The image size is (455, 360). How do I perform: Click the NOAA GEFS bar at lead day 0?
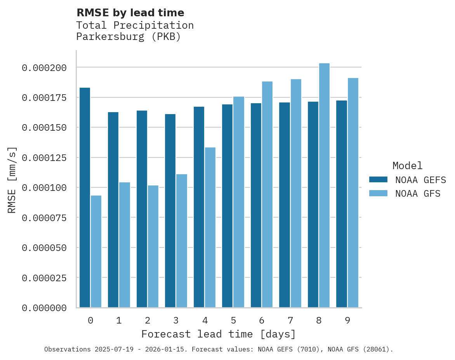point(85,197)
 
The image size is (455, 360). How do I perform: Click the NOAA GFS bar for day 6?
point(267,194)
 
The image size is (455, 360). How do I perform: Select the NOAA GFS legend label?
point(418,193)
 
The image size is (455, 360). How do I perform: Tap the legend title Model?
point(407,166)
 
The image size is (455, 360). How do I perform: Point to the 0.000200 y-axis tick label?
point(44,68)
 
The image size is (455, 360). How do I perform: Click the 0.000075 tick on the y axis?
point(44,218)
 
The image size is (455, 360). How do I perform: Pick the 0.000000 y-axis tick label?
point(44,308)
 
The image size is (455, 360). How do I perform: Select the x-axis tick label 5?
point(233,320)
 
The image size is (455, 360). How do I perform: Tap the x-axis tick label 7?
point(290,320)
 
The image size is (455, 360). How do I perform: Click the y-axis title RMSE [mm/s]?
point(12,180)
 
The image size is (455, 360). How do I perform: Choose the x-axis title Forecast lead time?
point(218,334)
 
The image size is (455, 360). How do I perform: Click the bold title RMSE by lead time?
point(130,13)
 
